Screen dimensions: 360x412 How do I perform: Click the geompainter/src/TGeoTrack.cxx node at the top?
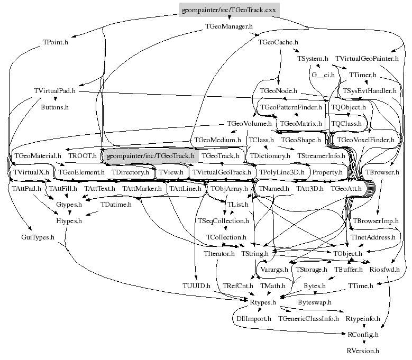pyautogui.click(x=229, y=11)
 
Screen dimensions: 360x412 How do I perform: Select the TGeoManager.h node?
pyautogui.click(x=228, y=25)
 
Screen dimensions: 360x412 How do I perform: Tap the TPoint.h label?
pyautogui.click(x=56, y=42)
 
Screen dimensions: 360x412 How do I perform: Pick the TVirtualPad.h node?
pyautogui.click(x=54, y=91)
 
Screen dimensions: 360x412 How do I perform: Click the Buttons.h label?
pyautogui.click(x=55, y=107)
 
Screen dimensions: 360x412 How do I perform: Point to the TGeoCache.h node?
pyautogui.click(x=278, y=42)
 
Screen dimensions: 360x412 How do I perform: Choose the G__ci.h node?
pyautogui.click(x=323, y=75)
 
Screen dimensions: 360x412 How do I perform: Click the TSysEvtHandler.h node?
pyautogui.click(x=369, y=91)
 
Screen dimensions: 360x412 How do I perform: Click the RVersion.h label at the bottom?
pyautogui.click(x=363, y=350)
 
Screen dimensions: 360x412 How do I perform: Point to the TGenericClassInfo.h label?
pyautogui.click(x=308, y=319)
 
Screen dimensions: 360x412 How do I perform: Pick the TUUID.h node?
pyautogui.click(x=196, y=286)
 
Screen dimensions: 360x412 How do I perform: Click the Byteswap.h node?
pyautogui.click(x=315, y=302)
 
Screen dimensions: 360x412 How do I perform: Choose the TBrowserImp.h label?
pyautogui.click(x=376, y=220)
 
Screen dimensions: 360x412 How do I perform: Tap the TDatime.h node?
pyautogui.click(x=116, y=205)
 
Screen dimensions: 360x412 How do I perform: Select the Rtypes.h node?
pyautogui.click(x=263, y=302)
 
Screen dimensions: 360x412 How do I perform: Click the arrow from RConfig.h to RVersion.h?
pyautogui.click(x=363, y=343)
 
